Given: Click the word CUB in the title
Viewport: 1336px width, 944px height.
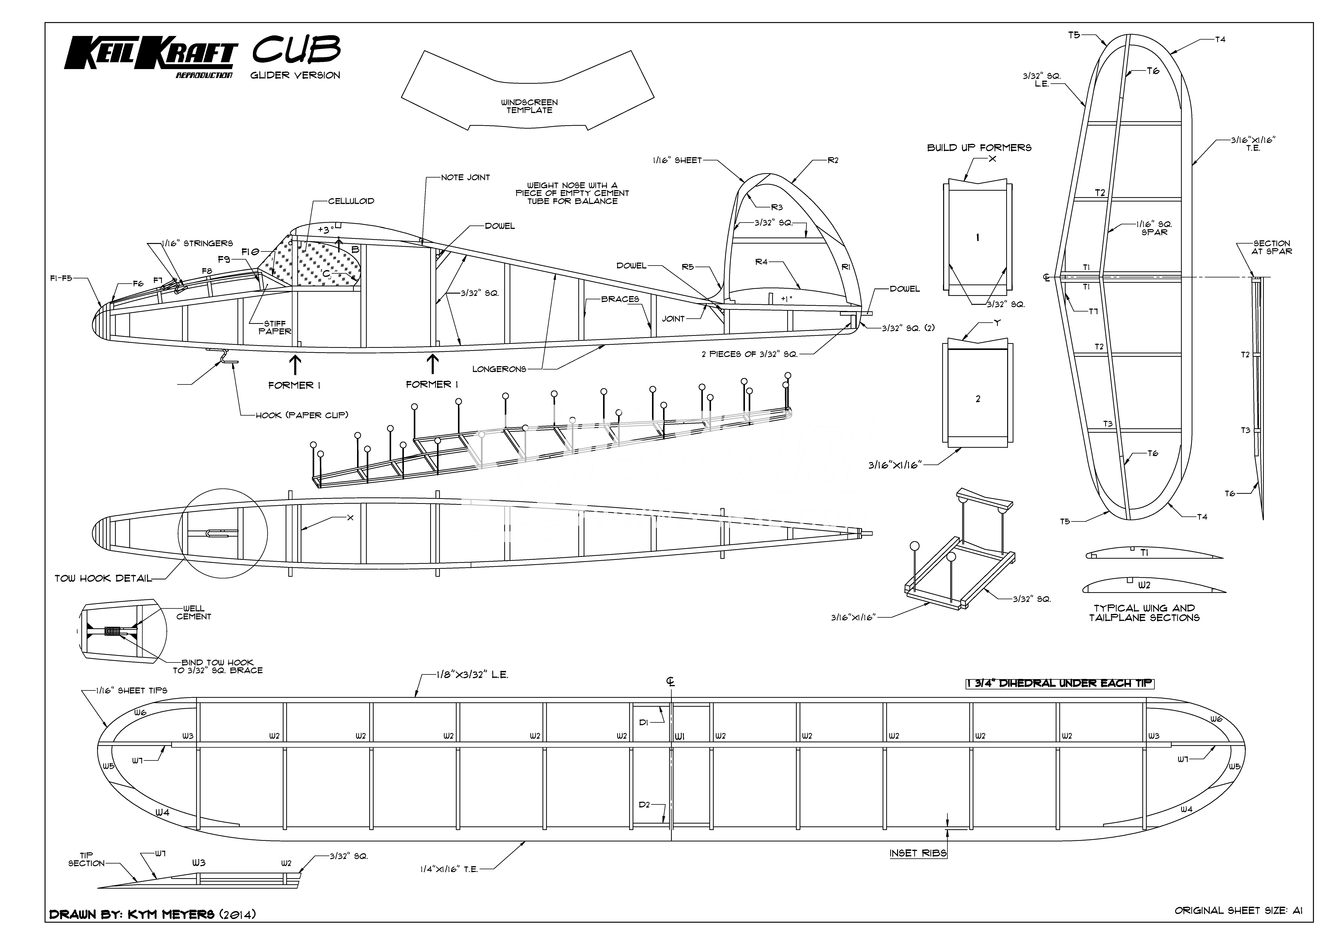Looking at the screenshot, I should tap(296, 50).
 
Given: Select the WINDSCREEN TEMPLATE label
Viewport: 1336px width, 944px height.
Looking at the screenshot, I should tap(529, 106).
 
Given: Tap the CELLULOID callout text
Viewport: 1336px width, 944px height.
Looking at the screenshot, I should tap(351, 201).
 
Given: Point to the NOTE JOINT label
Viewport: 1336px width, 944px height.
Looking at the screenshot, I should tap(465, 177).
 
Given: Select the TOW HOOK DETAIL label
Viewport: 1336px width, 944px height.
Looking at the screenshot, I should tap(103, 579).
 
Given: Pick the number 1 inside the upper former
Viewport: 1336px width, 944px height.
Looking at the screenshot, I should tap(978, 237).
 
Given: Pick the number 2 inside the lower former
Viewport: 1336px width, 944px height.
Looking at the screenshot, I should tap(978, 399).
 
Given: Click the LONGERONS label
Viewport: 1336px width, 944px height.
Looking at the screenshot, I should tap(499, 369).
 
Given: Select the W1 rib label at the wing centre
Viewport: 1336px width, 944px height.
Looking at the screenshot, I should tap(680, 736).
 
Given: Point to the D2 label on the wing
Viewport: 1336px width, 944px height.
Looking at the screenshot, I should tap(644, 805).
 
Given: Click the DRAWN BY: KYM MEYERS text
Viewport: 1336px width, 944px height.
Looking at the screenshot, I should tap(153, 914).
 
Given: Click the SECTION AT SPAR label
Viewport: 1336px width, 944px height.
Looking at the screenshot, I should tap(1271, 247).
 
